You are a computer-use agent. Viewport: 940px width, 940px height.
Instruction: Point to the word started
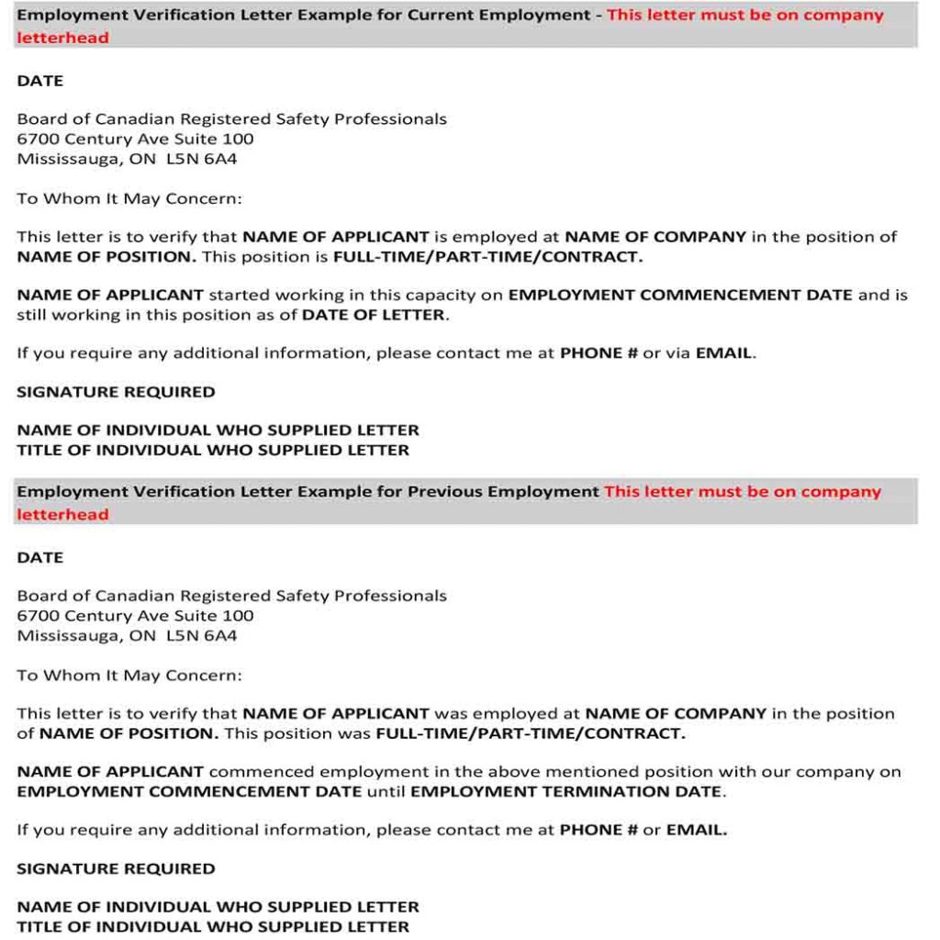coord(238,295)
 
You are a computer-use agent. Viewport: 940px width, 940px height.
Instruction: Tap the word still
coord(32,315)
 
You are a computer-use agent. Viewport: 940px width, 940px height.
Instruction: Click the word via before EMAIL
coord(677,353)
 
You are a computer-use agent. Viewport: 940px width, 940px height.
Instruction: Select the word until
coord(386,791)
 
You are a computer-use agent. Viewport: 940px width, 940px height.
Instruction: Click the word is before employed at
coord(440,237)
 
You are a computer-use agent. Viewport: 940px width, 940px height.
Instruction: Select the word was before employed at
coord(450,713)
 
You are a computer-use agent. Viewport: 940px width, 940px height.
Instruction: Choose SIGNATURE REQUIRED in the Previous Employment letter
coord(116,868)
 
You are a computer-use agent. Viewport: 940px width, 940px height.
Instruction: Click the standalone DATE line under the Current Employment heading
coord(39,81)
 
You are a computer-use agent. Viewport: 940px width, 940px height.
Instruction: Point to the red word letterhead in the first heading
coord(62,38)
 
